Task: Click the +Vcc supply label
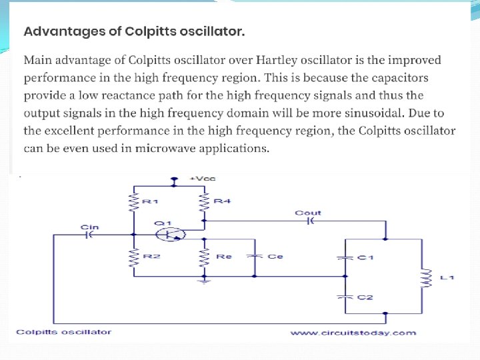coord(203,179)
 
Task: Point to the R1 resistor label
coord(150,201)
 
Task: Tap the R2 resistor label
coord(150,255)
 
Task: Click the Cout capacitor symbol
coord(309,221)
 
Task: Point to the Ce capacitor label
coord(275,255)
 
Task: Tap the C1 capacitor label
coord(365,258)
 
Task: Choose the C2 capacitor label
coord(365,297)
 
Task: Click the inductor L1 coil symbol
coord(423,275)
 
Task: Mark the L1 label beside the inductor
coord(447,276)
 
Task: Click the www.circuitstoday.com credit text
coord(353,332)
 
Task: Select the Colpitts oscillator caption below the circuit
coord(64,331)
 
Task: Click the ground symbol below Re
coord(205,281)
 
